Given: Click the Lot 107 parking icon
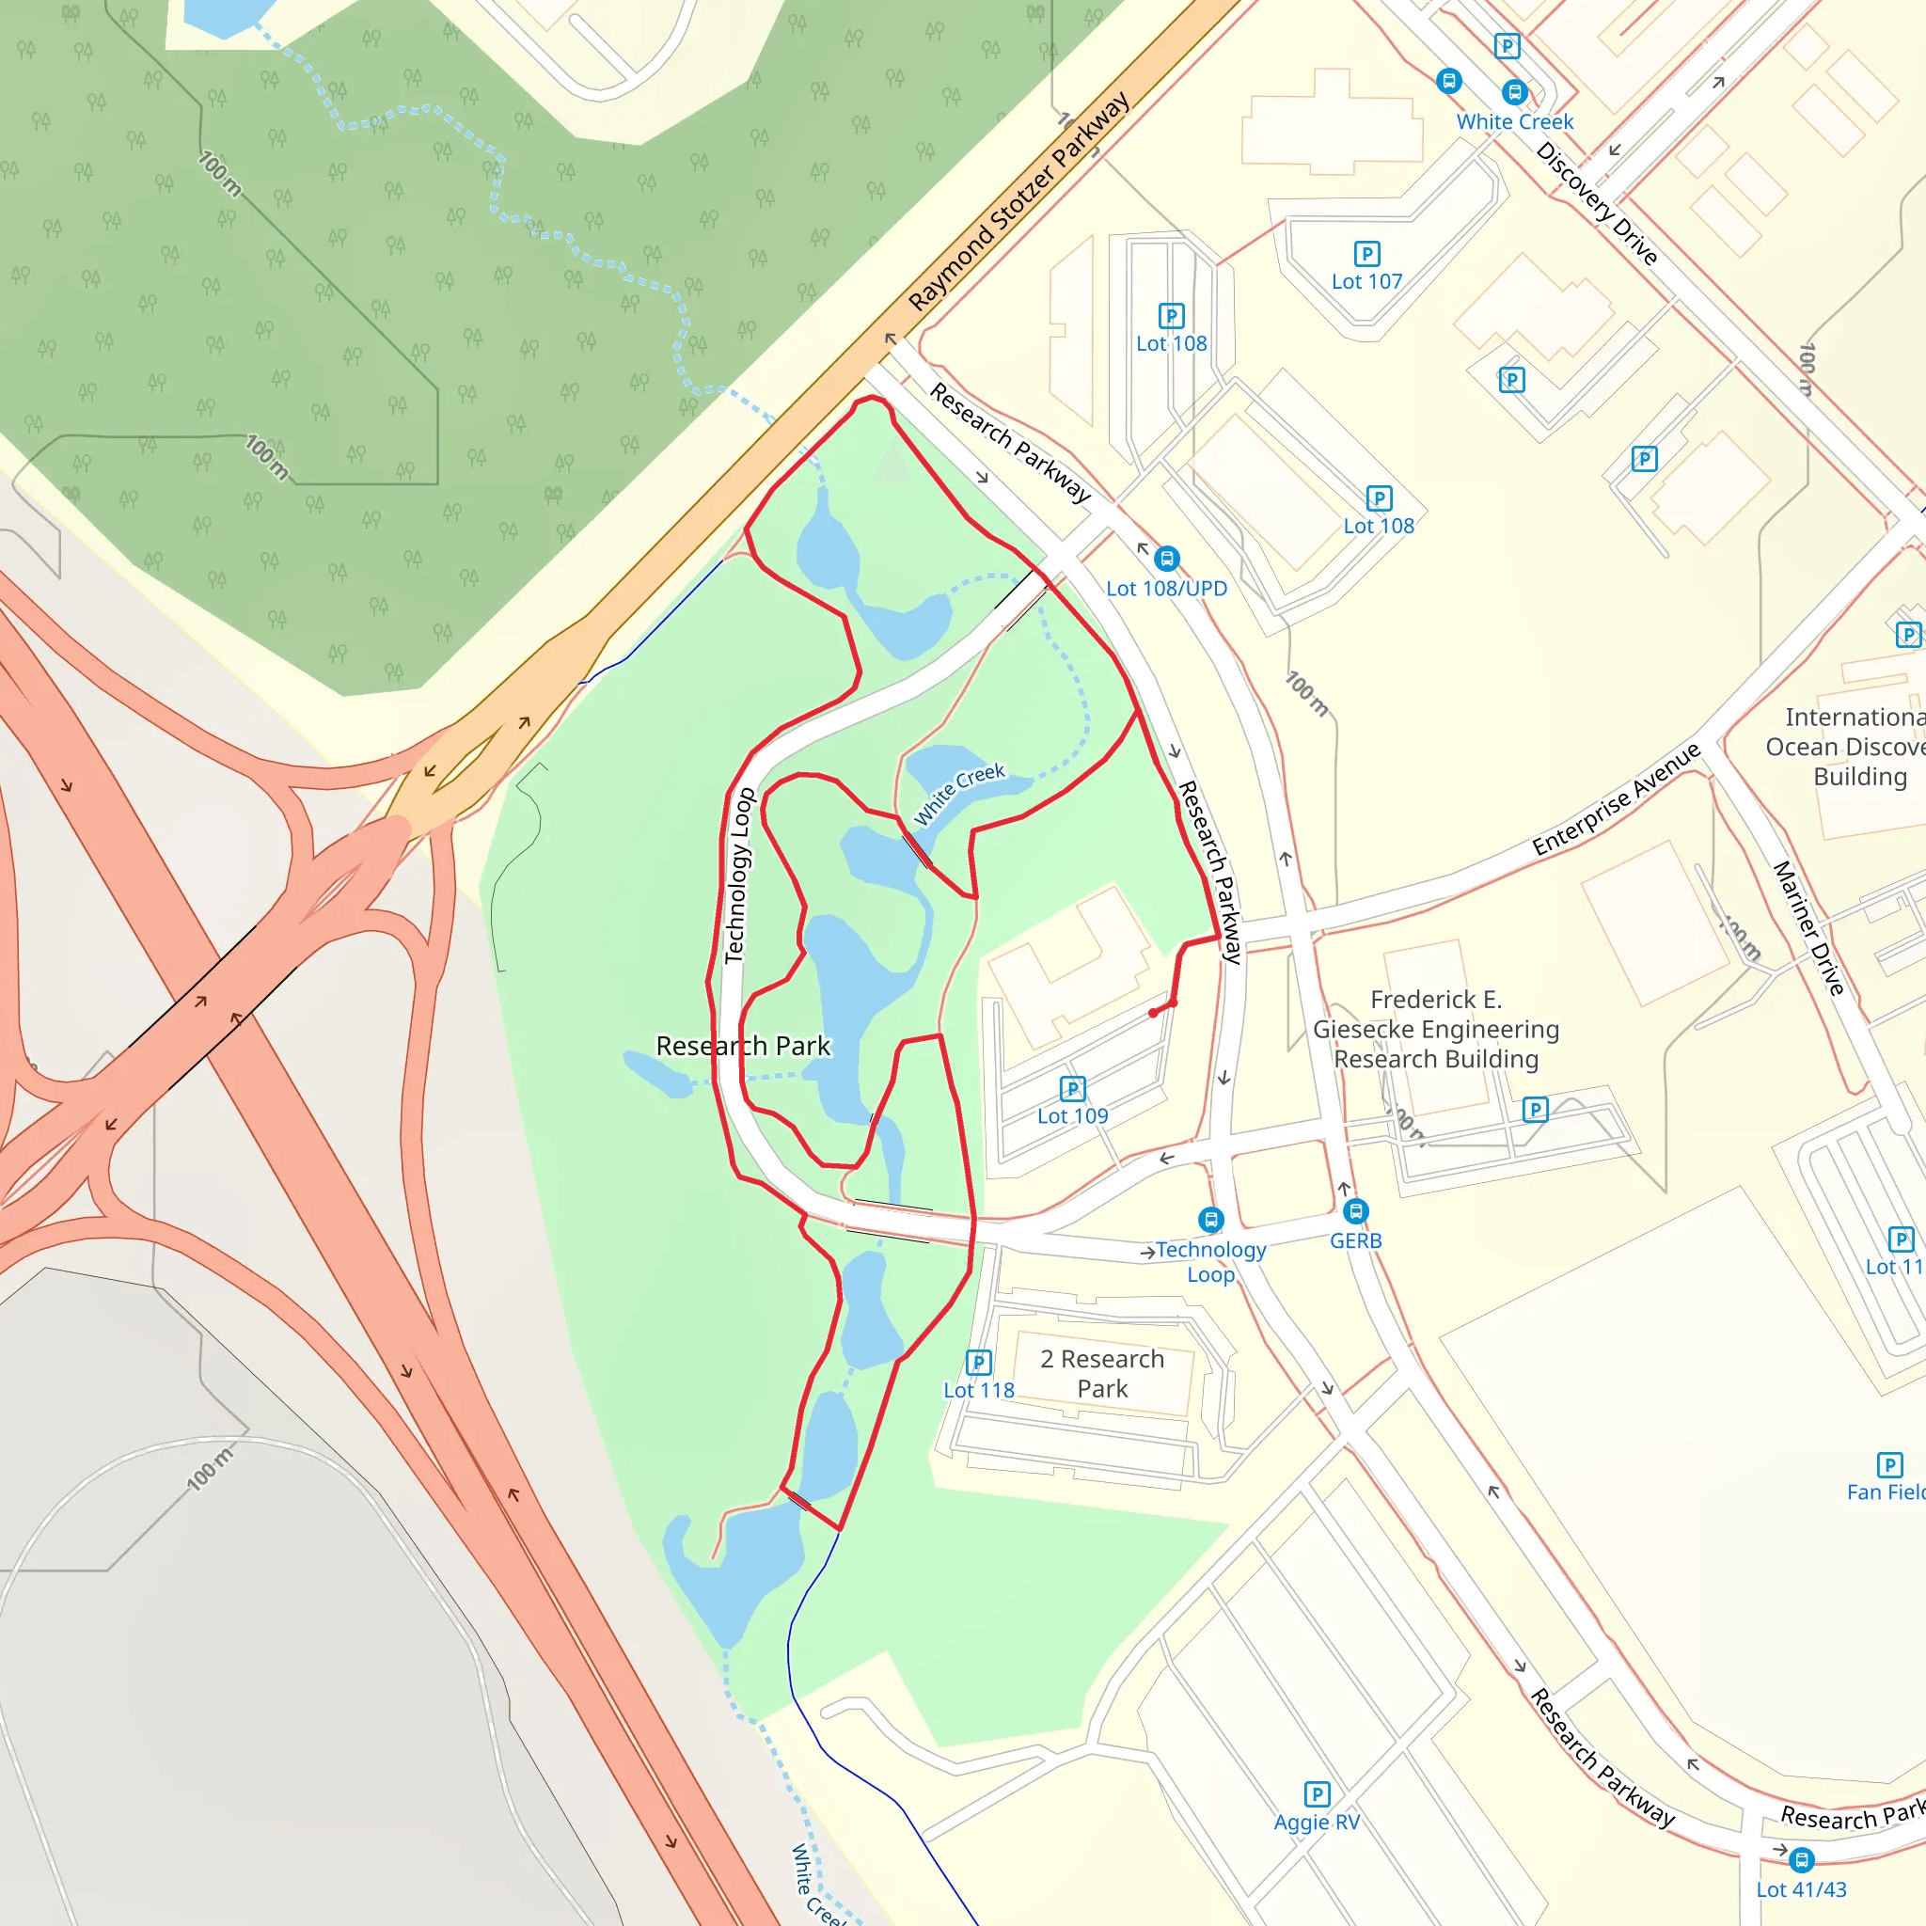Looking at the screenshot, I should coord(1366,254).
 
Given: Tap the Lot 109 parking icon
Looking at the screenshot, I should coord(1073,1088).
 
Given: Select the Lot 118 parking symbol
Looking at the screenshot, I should coord(979,1362).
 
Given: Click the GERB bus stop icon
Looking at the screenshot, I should coord(1356,1211).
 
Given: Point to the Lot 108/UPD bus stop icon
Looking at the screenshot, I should coord(1166,559).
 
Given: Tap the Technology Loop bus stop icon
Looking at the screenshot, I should coord(1211,1219).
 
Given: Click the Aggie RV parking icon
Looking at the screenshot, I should coord(1317,1794).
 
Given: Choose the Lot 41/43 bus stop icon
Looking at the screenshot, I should coord(1801,1860).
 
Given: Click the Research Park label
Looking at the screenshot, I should coord(743,1046).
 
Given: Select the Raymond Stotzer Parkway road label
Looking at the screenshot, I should coord(1018,201).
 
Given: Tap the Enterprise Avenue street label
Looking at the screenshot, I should coord(1616,799).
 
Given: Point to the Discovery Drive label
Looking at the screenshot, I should coord(1597,203).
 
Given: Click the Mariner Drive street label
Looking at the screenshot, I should coord(1808,927).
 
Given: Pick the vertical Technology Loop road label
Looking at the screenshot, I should coord(738,876).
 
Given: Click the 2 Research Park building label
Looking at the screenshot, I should coord(1101,1373).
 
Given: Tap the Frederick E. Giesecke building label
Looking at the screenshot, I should coord(1435,1029).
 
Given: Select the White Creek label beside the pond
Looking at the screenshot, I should coord(959,794).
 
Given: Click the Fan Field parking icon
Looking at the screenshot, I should coord(1889,1464).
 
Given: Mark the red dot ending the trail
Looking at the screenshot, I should coord(1153,1013).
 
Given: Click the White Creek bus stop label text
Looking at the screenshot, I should coord(1514,121).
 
